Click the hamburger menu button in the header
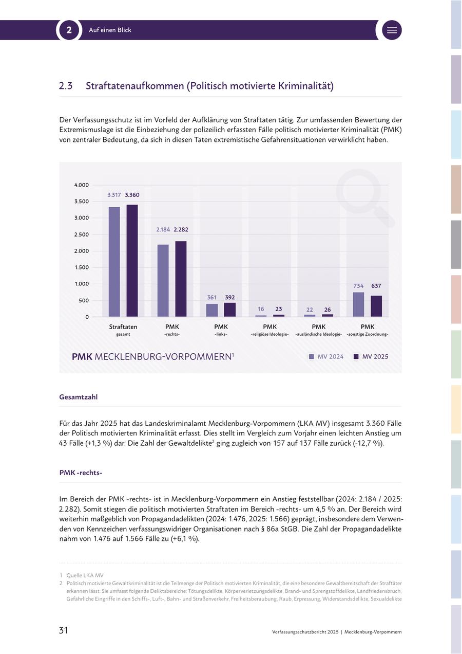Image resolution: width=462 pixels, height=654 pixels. pos(392,30)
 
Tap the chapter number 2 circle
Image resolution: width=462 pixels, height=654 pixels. pos(69,30)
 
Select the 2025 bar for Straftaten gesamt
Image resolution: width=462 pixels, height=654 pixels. pos(132,261)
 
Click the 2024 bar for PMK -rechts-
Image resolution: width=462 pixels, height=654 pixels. pos(163,281)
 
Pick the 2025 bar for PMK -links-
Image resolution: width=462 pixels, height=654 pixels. pos(229,310)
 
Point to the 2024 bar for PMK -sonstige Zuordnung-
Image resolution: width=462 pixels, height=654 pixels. pos(358,304)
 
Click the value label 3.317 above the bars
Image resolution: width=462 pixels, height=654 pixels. pos(114,195)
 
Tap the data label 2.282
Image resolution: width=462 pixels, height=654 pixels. pos(181,229)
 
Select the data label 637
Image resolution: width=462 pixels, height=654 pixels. pos(376,286)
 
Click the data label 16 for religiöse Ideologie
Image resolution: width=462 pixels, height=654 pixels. pos(261,309)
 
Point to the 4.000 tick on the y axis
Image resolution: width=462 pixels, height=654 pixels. pos(82,185)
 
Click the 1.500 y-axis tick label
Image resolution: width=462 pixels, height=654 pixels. pos(82,267)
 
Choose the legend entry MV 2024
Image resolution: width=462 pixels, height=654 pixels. pos(326,356)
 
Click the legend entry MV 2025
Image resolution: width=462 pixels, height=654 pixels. pos(371,356)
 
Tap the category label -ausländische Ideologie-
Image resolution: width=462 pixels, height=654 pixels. pos(318,334)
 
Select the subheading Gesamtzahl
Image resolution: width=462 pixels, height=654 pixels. pos(79,397)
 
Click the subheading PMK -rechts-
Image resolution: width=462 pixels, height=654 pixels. pos(81,473)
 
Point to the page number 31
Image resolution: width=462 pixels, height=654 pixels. pos(63,630)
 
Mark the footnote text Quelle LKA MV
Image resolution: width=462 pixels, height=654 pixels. pos(85,575)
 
